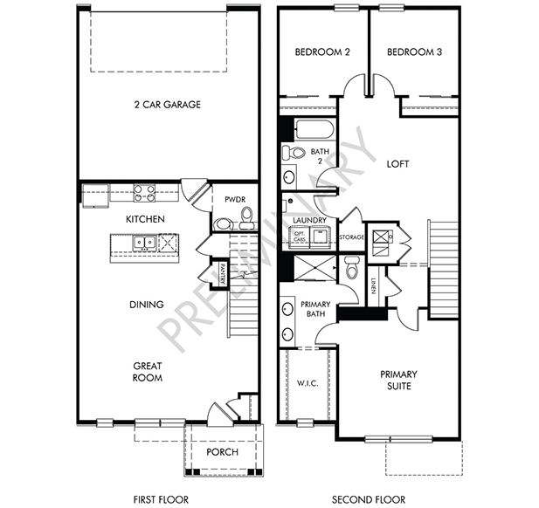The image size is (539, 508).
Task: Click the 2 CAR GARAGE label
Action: (x=169, y=105)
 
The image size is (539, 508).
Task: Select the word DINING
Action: (x=147, y=305)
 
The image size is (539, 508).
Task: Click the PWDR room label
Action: (x=233, y=199)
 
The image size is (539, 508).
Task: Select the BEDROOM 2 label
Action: (x=322, y=52)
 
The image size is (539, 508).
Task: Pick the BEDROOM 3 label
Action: (x=414, y=52)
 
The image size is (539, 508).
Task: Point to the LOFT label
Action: (x=397, y=164)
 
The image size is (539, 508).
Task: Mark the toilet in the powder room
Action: (x=245, y=215)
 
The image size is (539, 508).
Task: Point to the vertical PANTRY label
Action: (x=223, y=274)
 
